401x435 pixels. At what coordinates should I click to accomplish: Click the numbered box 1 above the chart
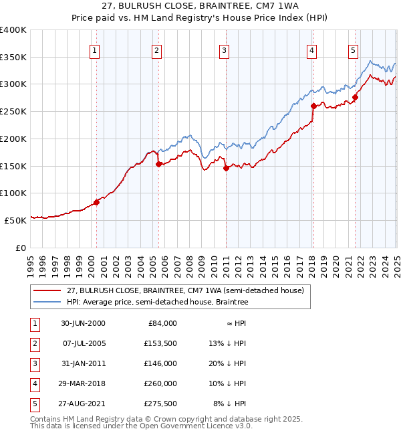pos(94,50)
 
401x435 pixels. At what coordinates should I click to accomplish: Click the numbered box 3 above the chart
pos(224,50)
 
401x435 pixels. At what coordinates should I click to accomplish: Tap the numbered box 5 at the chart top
pos(353,50)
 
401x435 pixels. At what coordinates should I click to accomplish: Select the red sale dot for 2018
pos(313,106)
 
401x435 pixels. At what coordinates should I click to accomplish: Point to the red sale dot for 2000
pos(96,201)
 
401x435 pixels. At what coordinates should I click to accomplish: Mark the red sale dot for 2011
pos(226,168)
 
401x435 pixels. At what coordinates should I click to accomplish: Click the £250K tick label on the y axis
pos(13,111)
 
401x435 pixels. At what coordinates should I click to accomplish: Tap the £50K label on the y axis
pos(16,220)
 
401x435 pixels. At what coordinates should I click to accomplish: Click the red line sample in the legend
pos(47,290)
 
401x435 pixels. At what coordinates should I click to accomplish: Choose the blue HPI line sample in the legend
pos(47,302)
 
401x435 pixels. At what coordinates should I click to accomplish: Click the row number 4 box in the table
pos(33,383)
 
